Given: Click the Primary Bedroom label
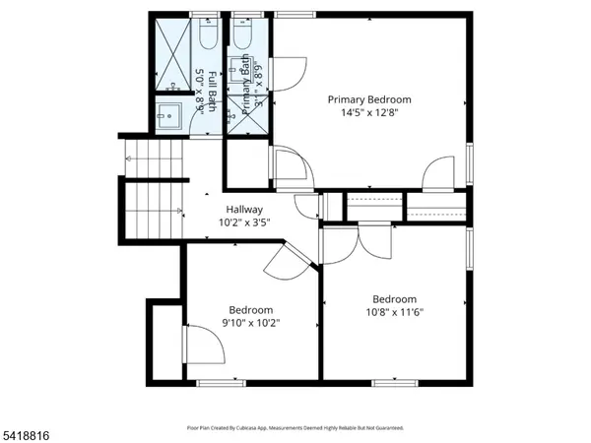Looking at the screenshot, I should point(368,99).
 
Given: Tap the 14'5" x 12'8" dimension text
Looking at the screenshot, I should point(368,112).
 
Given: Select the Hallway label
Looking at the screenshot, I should point(244,209).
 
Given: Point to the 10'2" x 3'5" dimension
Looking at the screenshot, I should point(244,222).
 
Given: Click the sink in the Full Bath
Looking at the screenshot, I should point(169,111).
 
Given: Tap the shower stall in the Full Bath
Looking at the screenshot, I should point(172,54).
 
